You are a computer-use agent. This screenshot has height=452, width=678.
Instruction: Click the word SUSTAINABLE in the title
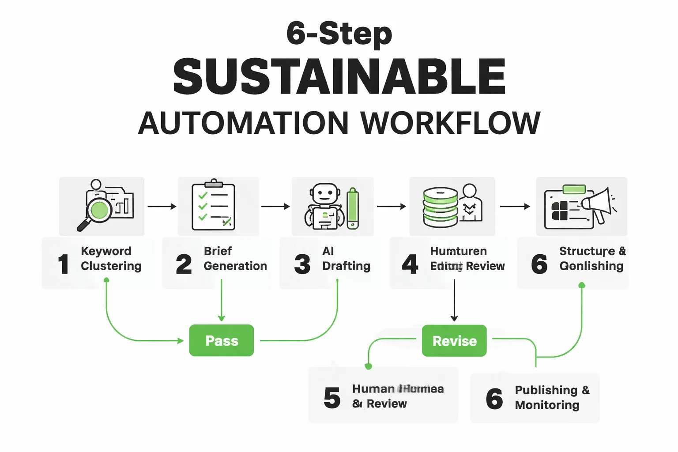339,77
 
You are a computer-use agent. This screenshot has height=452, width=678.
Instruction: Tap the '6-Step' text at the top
339,34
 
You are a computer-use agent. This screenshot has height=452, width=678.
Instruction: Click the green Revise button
454,341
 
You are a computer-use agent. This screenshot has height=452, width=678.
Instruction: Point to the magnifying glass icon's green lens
99,210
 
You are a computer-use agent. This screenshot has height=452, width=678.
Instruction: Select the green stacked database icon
440,207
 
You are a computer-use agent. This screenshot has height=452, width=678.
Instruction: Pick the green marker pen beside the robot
353,208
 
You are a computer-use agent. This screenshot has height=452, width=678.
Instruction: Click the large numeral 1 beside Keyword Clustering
64,264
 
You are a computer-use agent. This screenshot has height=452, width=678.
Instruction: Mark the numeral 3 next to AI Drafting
302,264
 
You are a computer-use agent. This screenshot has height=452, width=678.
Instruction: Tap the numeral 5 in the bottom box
332,397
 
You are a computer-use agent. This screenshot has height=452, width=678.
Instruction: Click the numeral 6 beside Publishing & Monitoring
494,398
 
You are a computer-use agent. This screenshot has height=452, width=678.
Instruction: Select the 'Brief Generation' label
235,259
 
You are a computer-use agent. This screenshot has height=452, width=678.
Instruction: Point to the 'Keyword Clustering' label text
111,259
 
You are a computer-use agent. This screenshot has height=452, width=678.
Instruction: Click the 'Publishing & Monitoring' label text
552,397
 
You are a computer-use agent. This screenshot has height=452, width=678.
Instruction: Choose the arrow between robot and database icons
391,206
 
